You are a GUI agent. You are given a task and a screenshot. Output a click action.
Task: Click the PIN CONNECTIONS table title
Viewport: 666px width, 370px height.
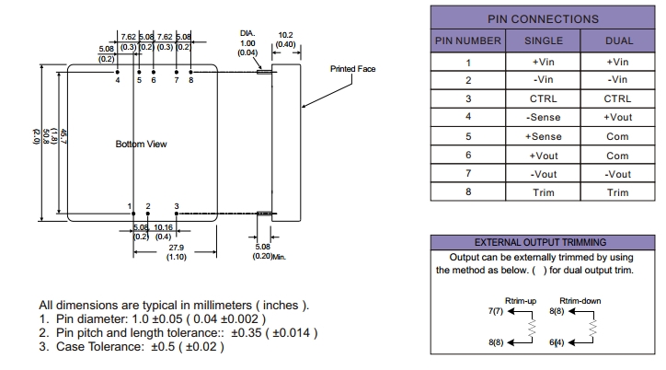pos(542,18)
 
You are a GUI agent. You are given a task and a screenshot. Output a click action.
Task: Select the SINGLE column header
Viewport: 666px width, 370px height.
pos(543,40)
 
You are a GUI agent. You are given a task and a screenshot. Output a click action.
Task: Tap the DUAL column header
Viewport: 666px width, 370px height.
pos(618,40)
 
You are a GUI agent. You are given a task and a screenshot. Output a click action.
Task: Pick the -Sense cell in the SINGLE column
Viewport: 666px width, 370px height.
pos(543,118)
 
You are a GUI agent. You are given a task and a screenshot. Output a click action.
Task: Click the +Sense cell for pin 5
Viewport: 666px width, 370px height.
pos(543,137)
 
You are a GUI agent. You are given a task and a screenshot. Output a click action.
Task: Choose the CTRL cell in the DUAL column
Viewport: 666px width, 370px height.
pos(618,98)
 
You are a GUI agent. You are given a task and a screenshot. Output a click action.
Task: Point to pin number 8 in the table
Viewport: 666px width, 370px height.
pos(467,192)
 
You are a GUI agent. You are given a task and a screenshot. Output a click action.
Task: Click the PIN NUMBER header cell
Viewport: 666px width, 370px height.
pos(467,40)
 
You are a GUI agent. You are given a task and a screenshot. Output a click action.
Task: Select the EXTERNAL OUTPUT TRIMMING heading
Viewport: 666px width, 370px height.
pos(542,242)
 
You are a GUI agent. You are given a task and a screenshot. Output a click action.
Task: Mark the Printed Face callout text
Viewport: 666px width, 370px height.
pos(352,69)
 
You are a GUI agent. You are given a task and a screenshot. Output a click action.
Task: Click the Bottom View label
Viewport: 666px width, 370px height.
pos(141,145)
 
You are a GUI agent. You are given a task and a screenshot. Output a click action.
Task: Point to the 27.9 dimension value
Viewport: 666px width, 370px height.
pos(177,248)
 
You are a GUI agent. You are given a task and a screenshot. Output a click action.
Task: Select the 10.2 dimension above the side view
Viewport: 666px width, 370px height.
pos(285,35)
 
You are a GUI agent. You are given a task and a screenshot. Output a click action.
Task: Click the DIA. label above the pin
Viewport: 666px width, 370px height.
pos(247,34)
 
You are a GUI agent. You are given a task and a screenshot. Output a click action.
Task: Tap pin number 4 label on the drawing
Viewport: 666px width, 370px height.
pos(118,80)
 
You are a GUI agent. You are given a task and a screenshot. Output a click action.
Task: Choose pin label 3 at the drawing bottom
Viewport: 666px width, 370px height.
pos(176,206)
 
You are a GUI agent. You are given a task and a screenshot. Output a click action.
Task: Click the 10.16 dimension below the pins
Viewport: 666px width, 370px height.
pos(163,226)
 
